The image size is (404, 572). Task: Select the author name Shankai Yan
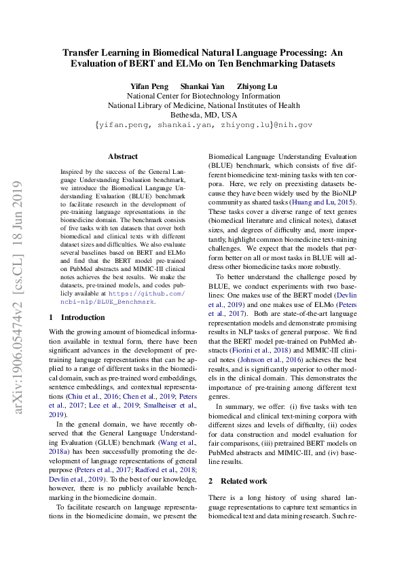coord(202,86)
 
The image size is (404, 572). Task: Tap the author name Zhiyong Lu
coord(257,86)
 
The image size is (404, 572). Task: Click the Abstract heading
coord(123,156)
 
